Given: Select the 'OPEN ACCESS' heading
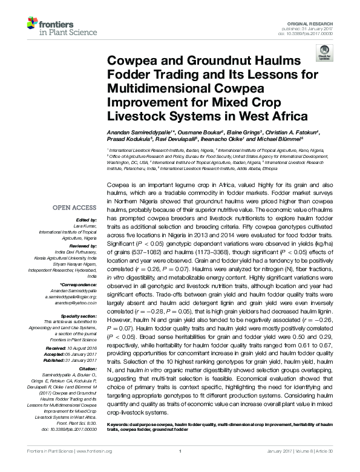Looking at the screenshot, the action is coord(76,207).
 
